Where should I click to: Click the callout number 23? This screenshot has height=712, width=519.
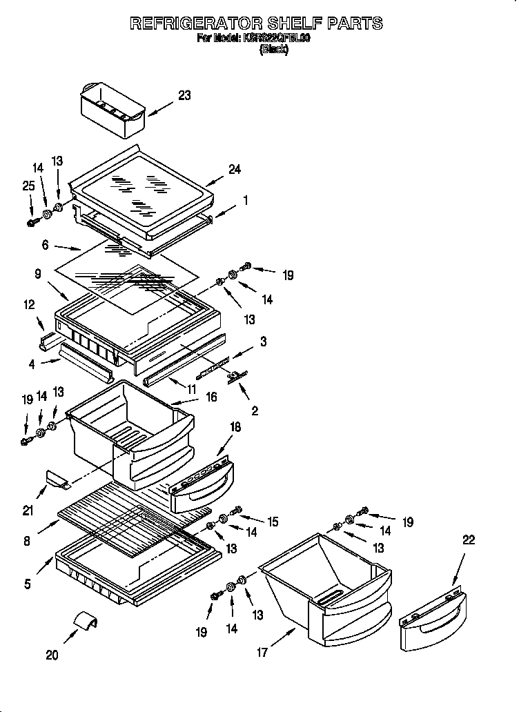(184, 96)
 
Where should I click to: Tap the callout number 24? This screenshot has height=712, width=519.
(235, 169)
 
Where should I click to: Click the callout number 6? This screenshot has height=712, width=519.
(46, 244)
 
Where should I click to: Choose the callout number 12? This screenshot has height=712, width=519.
(29, 306)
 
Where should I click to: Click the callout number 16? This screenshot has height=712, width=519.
(211, 397)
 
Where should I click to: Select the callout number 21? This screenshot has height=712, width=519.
(28, 511)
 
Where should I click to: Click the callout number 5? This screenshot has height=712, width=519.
(28, 584)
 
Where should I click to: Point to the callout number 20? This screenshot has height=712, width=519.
(52, 655)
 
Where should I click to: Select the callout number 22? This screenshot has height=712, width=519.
(468, 540)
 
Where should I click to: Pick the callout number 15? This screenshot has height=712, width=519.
(273, 522)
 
